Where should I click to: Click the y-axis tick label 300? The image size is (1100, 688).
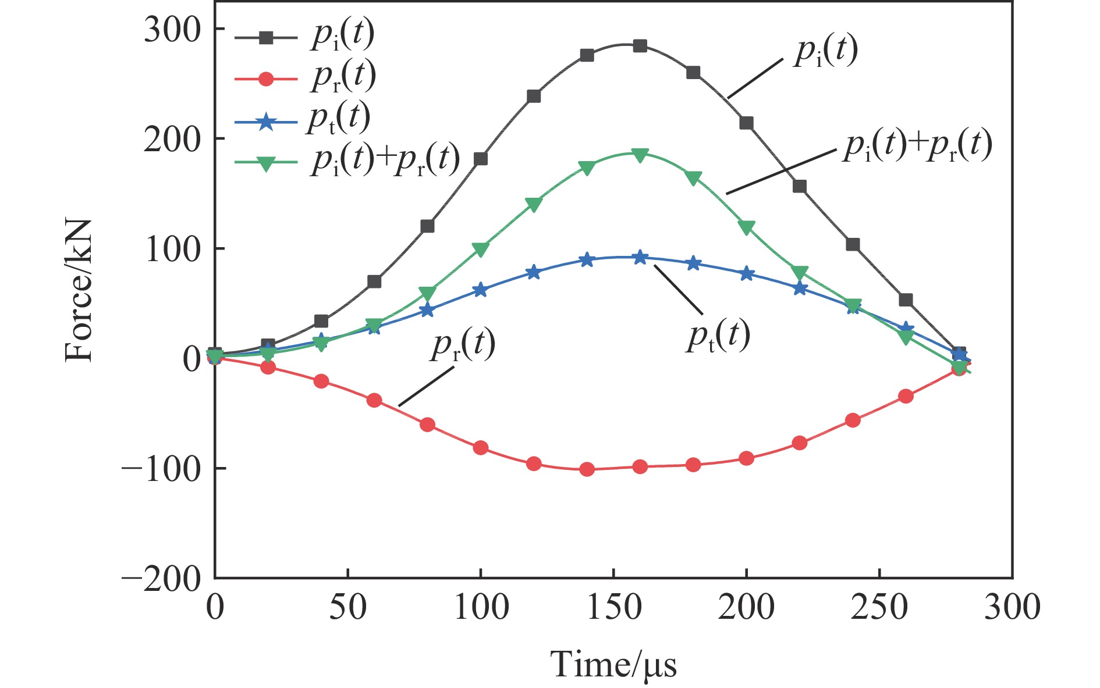click(172, 30)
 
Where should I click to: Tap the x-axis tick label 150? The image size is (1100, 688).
click(613, 607)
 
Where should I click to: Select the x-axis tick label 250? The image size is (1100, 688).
click(879, 607)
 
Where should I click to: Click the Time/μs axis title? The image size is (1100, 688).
click(613, 664)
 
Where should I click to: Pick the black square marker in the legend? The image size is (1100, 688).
click(266, 38)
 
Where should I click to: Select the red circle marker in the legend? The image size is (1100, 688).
click(266, 79)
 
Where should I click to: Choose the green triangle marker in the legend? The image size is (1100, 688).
click(266, 163)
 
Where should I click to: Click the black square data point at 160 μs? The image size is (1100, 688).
click(640, 46)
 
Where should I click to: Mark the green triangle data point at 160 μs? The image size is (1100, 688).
click(640, 155)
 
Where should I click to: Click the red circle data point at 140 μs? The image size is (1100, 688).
click(587, 469)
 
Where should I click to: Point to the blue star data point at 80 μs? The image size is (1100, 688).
click(427, 310)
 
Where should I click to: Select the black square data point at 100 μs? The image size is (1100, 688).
click(481, 159)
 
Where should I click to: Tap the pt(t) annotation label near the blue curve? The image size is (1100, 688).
click(718, 336)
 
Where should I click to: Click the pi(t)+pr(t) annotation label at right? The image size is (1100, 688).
click(917, 145)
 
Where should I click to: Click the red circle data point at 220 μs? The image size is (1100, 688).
click(800, 443)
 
